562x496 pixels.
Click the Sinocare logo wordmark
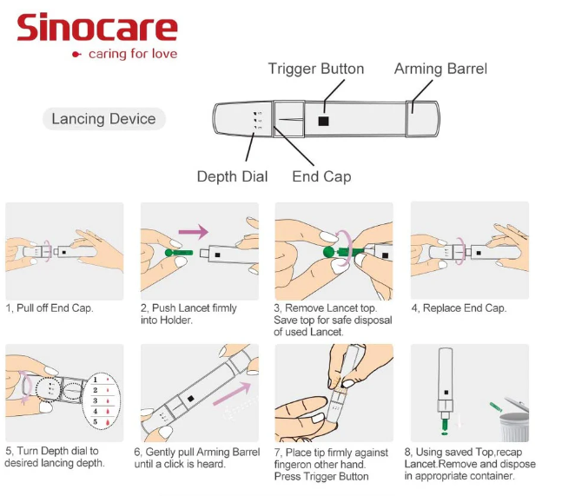[97, 28]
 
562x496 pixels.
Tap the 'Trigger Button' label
[315, 69]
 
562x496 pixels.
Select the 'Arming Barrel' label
[440, 69]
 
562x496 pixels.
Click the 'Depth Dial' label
[232, 176]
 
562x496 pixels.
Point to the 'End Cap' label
[321, 176]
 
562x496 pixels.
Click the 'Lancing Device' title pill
[103, 119]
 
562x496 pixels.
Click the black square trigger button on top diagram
[323, 121]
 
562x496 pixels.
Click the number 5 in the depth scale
[95, 421]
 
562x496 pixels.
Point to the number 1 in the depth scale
[95, 379]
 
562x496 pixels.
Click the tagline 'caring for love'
[132, 54]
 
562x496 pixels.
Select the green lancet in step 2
[175, 254]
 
